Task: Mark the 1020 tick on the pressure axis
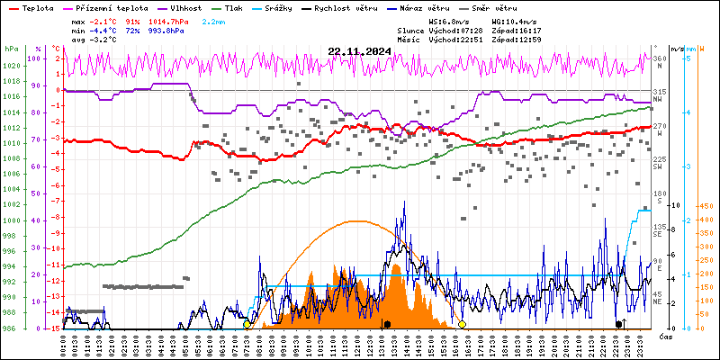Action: pos(10,66)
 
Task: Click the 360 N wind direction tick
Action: pos(658,61)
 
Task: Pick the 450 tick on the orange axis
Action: pos(707,206)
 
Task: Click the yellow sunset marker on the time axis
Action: pos(462,324)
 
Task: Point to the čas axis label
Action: pos(666,337)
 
